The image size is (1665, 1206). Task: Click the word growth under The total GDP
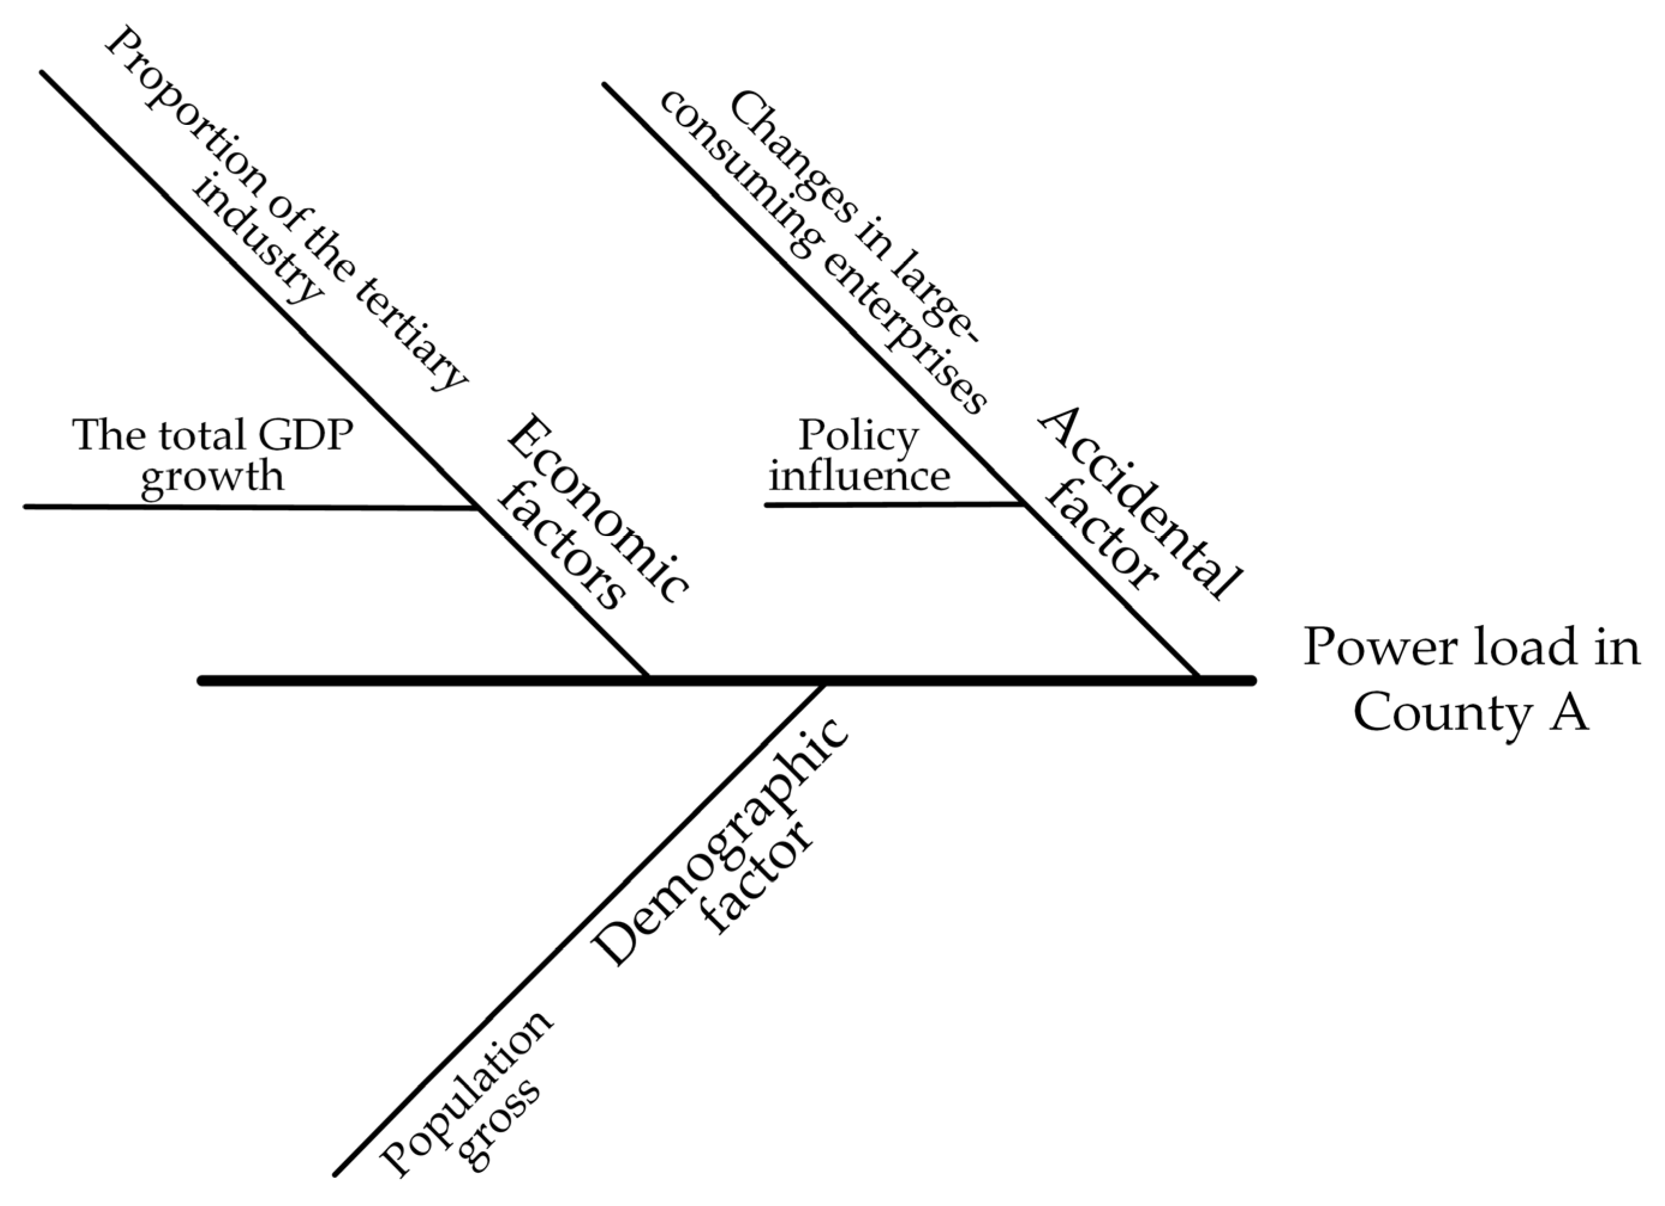(x=212, y=477)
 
